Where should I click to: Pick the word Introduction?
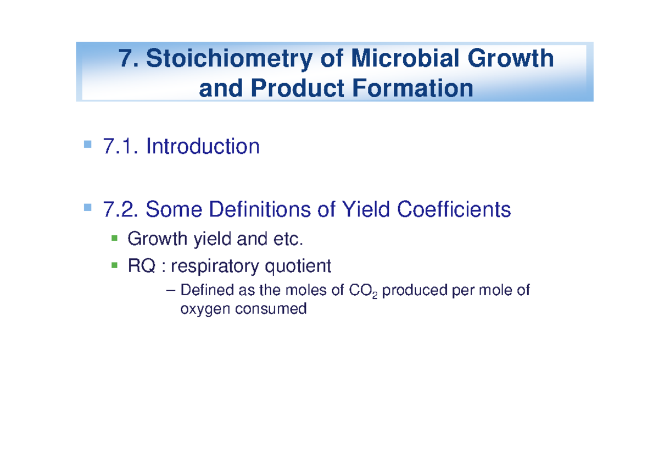tap(203, 147)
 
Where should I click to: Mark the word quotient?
tap(298, 267)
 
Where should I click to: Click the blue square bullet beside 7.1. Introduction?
tap(87, 145)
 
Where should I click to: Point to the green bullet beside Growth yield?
tap(114, 238)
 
